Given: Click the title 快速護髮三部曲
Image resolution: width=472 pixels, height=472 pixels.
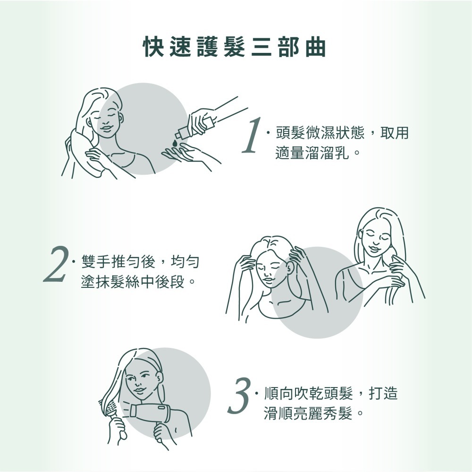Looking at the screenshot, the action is pyautogui.click(x=235, y=47).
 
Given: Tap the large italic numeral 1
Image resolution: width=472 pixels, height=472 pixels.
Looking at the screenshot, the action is pyautogui.click(x=252, y=135).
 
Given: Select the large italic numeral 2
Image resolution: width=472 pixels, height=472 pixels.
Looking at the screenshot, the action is pyautogui.click(x=56, y=264).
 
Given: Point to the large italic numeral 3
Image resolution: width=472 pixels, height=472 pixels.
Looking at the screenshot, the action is pyautogui.click(x=239, y=395).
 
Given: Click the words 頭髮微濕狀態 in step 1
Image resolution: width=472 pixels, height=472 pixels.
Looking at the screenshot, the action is pyautogui.click(x=320, y=133).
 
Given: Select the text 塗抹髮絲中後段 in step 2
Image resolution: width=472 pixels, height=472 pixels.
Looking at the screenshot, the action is pyautogui.click(x=133, y=282).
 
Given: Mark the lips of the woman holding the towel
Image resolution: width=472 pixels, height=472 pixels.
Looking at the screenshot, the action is pyautogui.click(x=106, y=128).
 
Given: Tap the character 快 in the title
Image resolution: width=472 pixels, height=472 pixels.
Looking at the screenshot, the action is pyautogui.click(x=153, y=47).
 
